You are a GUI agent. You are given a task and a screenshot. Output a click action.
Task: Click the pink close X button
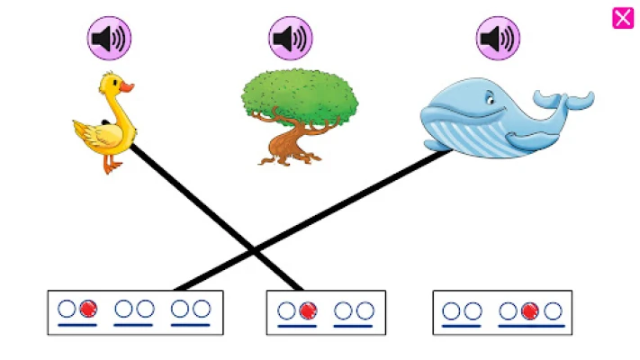pos(623,18)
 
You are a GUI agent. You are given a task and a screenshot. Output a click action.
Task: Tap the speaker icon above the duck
pos(109,39)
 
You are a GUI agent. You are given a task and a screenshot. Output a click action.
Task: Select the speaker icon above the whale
pos(499,39)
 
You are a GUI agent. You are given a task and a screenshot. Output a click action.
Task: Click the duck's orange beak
pos(127,87)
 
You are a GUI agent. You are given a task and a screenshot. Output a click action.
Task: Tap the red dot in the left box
pos(87,310)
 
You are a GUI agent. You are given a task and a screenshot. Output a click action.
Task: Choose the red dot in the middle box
pos(308,310)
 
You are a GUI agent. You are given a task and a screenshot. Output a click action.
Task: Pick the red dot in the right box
pos(530,310)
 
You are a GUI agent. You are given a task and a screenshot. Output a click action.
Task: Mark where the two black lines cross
pos(253,247)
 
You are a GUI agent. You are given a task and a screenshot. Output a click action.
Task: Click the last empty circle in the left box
pos(202,310)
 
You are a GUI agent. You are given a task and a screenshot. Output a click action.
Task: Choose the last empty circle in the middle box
pos(365,310)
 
